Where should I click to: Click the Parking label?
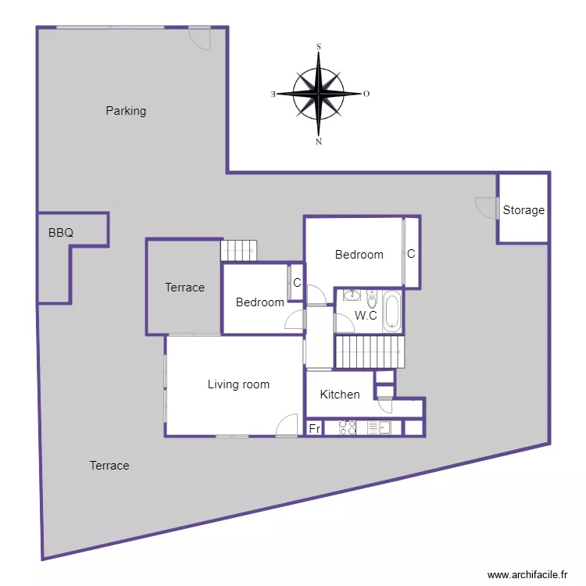coord(126,111)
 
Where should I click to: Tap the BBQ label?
coord(60,233)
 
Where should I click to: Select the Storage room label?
coord(523,210)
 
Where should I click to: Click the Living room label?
coord(238,384)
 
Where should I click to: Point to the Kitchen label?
coord(340,395)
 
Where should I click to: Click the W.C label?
coord(366,316)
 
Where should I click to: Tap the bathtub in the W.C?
coord(391,311)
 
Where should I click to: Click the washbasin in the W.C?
coord(352,295)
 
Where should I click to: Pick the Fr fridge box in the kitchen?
coord(314,428)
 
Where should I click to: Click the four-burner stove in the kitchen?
coord(348,428)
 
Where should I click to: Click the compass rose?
coord(319,94)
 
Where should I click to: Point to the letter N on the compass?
coord(319,142)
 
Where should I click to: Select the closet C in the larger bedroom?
coord(411,254)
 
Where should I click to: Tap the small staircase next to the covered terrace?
coord(238,250)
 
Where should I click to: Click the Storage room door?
coord(487,208)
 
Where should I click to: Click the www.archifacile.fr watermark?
coord(528,574)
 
